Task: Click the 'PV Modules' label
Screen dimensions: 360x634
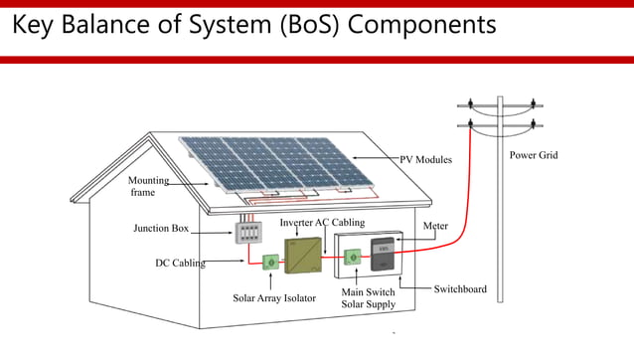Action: pos(425,159)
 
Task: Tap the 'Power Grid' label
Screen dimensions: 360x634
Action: pos(534,155)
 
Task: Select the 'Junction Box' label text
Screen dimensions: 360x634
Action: pos(161,229)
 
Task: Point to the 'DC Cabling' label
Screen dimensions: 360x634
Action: pos(180,264)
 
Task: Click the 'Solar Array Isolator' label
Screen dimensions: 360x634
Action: pos(273,297)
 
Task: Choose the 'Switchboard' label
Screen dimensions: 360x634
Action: pos(460,289)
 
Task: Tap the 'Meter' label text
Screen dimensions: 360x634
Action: pos(435,226)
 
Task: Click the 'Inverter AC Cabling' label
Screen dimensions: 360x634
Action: pos(322,223)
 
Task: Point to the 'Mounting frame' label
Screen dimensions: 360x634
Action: pos(148,186)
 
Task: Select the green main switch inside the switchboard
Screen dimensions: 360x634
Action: pos(351,258)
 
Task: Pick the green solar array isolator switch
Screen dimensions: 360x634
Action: pos(269,263)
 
